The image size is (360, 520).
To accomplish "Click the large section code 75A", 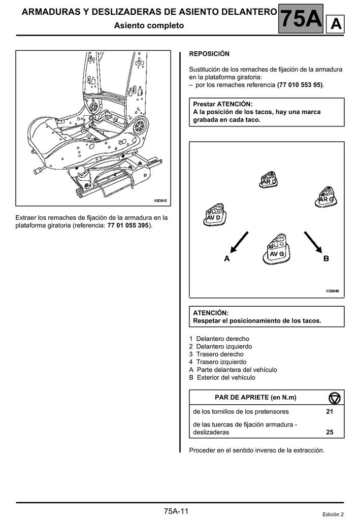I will [301, 19].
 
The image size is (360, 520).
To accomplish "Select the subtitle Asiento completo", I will [149, 25].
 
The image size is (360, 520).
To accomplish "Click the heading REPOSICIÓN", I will [209, 54].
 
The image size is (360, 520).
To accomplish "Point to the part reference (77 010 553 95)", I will [300, 85].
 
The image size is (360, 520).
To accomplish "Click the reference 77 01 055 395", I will [129, 225].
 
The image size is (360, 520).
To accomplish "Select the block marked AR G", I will [325, 196].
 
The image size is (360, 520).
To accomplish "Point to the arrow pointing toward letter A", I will [239, 242].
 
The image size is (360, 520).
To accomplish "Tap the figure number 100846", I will [332, 291].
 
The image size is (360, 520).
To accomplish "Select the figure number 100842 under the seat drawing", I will [160, 201].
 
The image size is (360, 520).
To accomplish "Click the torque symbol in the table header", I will [335, 397].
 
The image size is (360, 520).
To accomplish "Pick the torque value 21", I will [330, 411].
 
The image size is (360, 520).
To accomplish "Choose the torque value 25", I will [330, 433].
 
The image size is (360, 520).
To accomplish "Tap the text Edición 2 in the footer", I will [333, 514].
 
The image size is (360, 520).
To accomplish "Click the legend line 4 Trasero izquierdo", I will [210, 362].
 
